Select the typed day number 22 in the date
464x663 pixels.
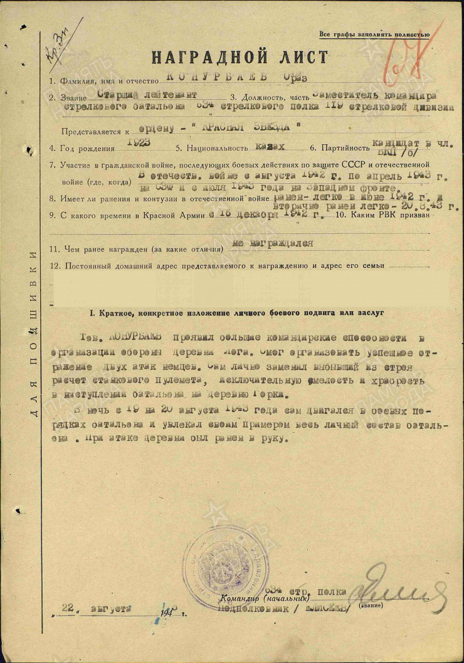pos(70,608)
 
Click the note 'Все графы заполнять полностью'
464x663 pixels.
pos(374,34)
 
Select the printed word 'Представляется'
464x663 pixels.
pos(90,132)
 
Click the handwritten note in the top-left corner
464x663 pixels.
pos(61,44)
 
